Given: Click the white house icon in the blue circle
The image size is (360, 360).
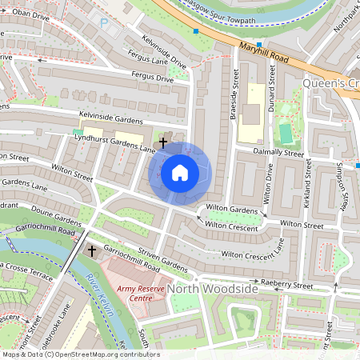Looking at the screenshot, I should point(180,172).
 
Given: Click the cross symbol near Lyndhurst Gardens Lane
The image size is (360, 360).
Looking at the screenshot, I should point(163,142).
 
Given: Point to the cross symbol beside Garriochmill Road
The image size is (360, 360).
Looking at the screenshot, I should point(91,251).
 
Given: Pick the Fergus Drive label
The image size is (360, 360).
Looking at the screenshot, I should point(151,78).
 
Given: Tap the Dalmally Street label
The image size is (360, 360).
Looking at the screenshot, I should point(278,152).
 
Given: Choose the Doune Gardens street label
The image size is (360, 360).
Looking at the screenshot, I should point(56,216).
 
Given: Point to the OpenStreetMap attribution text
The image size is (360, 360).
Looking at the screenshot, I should point(81,354).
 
